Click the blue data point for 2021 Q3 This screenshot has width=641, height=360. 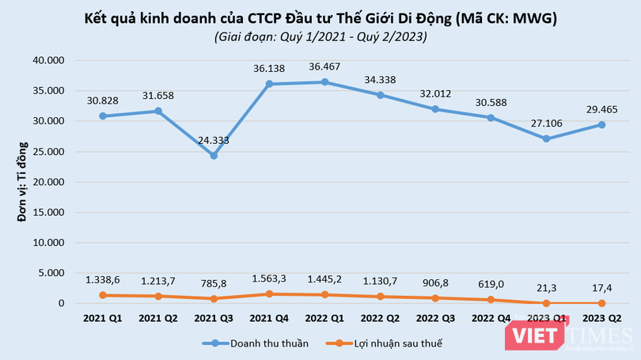coord(214,156)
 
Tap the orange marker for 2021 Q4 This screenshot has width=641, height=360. coord(270,294)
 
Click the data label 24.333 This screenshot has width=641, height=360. coord(214,139)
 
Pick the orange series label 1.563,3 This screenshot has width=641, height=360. coord(270,279)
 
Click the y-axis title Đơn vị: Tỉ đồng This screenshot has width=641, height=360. coord(23,182)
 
